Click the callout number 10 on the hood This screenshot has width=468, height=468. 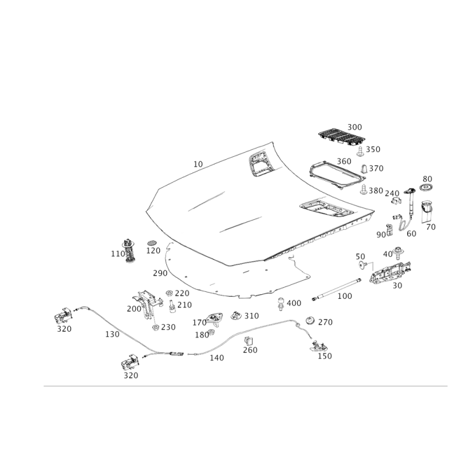198,164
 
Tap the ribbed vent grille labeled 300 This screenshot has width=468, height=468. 339,137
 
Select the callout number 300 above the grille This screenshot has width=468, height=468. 355,127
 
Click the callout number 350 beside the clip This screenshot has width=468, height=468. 373,150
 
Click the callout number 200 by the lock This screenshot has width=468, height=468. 134,308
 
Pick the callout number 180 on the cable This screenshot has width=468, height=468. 111,335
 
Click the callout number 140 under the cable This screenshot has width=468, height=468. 216,358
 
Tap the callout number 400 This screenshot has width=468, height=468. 294,303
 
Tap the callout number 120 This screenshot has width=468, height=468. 153,251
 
